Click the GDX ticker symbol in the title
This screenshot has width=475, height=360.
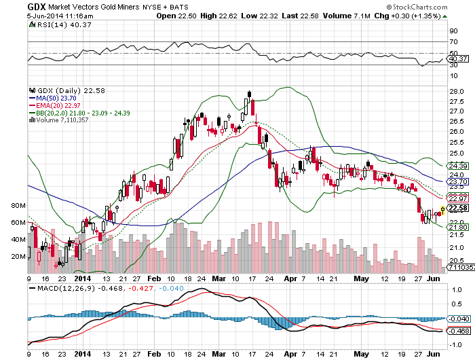(x=37, y=7)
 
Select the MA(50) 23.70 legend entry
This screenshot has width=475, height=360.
(x=53, y=98)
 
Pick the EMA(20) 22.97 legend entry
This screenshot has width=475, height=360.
(x=54, y=105)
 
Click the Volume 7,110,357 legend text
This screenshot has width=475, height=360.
(x=59, y=120)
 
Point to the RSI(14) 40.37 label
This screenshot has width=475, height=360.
(x=60, y=25)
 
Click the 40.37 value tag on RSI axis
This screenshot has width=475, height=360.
(x=458, y=59)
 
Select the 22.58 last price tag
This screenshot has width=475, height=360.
(x=458, y=208)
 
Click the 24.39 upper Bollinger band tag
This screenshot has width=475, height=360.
(x=458, y=166)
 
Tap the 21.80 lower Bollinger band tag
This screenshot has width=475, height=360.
(x=458, y=227)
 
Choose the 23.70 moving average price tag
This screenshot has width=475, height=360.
(x=458, y=182)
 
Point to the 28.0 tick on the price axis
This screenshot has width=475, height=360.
(x=457, y=92)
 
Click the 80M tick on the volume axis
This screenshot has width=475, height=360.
(x=18, y=206)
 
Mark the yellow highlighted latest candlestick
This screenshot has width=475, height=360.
(x=442, y=210)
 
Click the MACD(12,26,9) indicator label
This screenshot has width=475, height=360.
(x=66, y=289)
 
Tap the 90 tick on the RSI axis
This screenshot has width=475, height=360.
(x=454, y=31)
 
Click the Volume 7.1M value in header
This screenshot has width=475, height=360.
(x=347, y=16)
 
